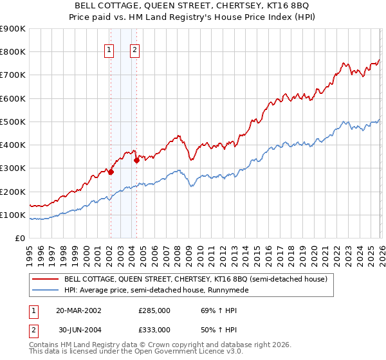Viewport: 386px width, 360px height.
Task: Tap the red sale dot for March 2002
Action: click(x=111, y=172)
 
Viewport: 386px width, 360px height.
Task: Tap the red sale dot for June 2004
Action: click(x=136, y=161)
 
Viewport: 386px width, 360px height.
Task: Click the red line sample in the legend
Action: click(x=45, y=279)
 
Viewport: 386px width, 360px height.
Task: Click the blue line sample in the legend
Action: click(x=45, y=291)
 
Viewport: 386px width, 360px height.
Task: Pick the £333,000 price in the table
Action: click(x=154, y=329)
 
